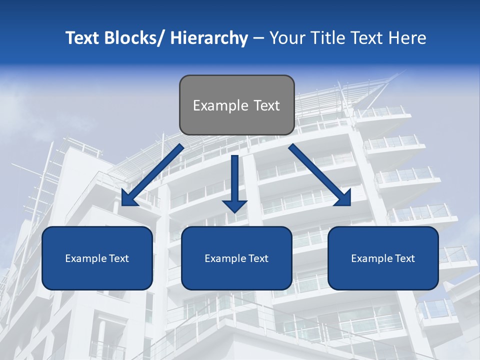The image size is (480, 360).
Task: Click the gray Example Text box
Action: (236, 105)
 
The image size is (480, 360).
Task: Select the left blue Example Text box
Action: (97, 258)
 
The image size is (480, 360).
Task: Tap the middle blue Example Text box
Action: (236, 258)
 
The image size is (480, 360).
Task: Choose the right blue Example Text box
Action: (383, 258)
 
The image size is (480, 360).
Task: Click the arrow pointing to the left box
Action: (152, 175)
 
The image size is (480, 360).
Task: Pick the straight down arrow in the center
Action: (234, 182)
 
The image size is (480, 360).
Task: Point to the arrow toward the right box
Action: (320, 175)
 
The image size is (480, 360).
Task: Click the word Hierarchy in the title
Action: (208, 38)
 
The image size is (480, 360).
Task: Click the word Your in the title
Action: (286, 38)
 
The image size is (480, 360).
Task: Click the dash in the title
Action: (258, 38)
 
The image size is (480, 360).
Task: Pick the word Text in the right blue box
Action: (404, 258)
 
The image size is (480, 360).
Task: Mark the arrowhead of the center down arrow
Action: (234, 205)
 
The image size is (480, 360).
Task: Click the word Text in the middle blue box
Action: (258, 258)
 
